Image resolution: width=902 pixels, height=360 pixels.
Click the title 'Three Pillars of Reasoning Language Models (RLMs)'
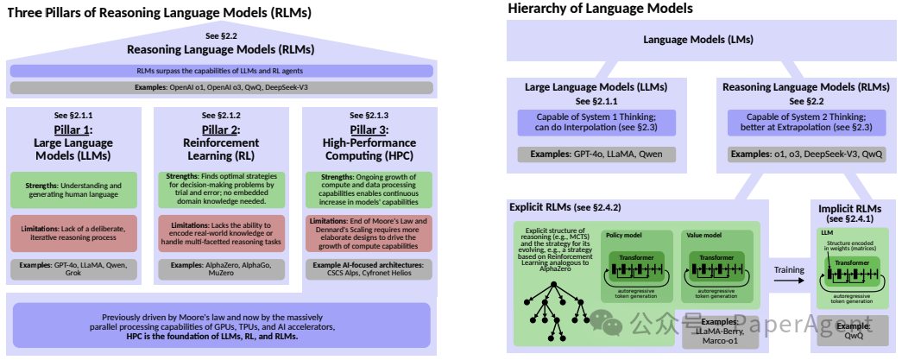pyautogui.click(x=159, y=13)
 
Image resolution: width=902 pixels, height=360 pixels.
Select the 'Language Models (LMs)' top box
pyautogui.click(x=698, y=41)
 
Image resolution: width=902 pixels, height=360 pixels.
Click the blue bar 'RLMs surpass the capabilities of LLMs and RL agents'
pyautogui.click(x=220, y=71)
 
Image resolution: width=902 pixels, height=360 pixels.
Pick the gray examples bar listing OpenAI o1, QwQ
pyautogui.click(x=220, y=88)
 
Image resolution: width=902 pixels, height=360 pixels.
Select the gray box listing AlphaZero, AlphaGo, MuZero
pyautogui.click(x=221, y=269)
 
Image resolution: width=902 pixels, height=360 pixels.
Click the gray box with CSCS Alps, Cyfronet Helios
pyautogui.click(x=369, y=269)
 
